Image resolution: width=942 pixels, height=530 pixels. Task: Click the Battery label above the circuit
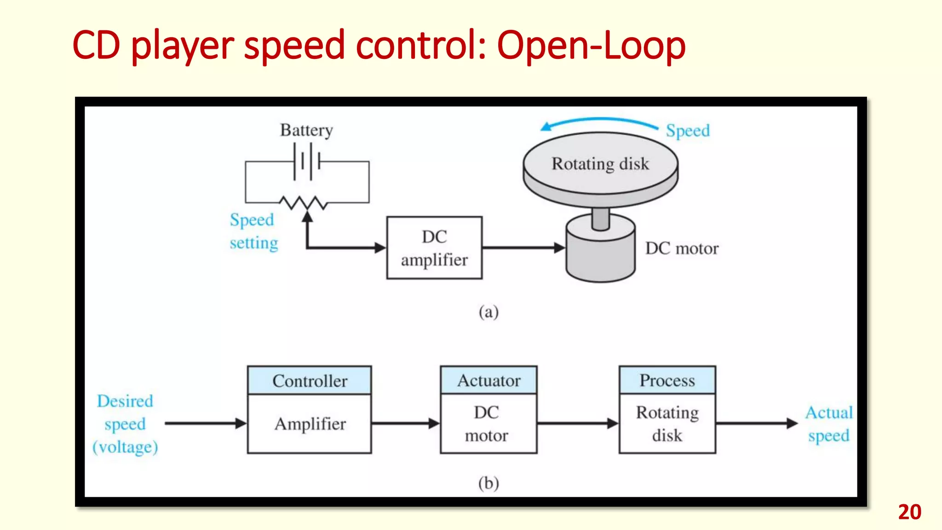coord(306,130)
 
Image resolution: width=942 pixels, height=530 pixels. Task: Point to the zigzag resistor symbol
coord(304,202)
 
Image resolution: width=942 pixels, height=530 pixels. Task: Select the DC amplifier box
coord(434,248)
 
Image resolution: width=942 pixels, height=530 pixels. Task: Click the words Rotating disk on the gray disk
coord(600,164)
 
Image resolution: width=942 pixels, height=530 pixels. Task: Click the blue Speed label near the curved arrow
coord(688,131)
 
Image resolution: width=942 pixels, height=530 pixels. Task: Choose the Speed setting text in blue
coord(253,231)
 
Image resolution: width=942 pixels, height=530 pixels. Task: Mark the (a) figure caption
coord(488,312)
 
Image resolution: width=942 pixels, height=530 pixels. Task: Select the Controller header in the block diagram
coord(310,380)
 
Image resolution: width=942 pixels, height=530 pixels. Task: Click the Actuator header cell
coord(488,380)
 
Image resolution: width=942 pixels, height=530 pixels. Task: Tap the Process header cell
coord(667,380)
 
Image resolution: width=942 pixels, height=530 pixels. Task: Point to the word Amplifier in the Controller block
coord(310,424)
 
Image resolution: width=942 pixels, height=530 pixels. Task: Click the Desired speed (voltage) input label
coord(125,424)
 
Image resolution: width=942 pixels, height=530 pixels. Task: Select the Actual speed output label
coord(829,424)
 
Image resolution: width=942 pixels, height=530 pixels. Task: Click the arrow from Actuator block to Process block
coord(578,423)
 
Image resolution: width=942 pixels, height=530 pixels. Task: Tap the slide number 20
coord(909,512)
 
